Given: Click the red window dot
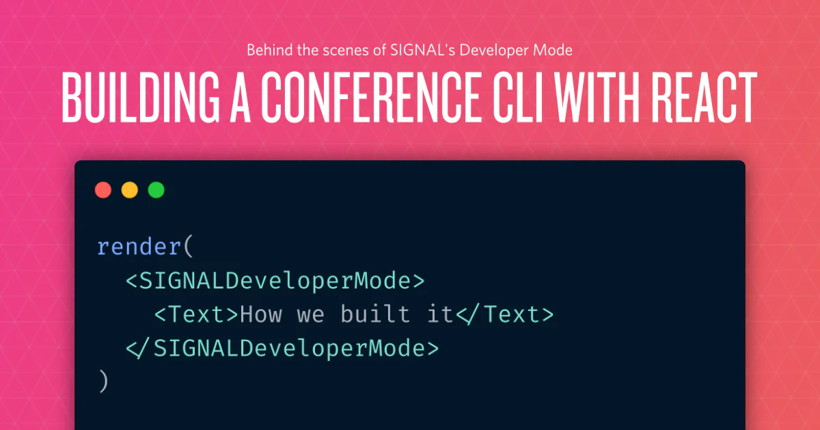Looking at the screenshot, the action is click(103, 190).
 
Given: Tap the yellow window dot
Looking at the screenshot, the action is click(130, 190).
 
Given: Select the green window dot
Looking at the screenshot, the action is click(156, 190).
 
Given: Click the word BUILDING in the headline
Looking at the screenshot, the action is click(141, 97).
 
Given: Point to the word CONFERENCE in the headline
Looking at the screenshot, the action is click(370, 97).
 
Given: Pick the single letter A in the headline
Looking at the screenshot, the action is click(240, 97).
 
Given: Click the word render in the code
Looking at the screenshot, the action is click(139, 247).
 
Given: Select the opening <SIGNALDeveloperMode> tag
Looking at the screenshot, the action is click(275, 281).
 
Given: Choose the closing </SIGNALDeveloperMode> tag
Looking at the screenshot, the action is click(282, 348).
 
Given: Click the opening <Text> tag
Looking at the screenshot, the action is click(197, 314).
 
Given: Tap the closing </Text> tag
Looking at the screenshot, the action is click(505, 314).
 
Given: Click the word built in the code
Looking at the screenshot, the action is click(376, 314).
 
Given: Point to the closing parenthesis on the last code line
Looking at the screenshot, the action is click(104, 381).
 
